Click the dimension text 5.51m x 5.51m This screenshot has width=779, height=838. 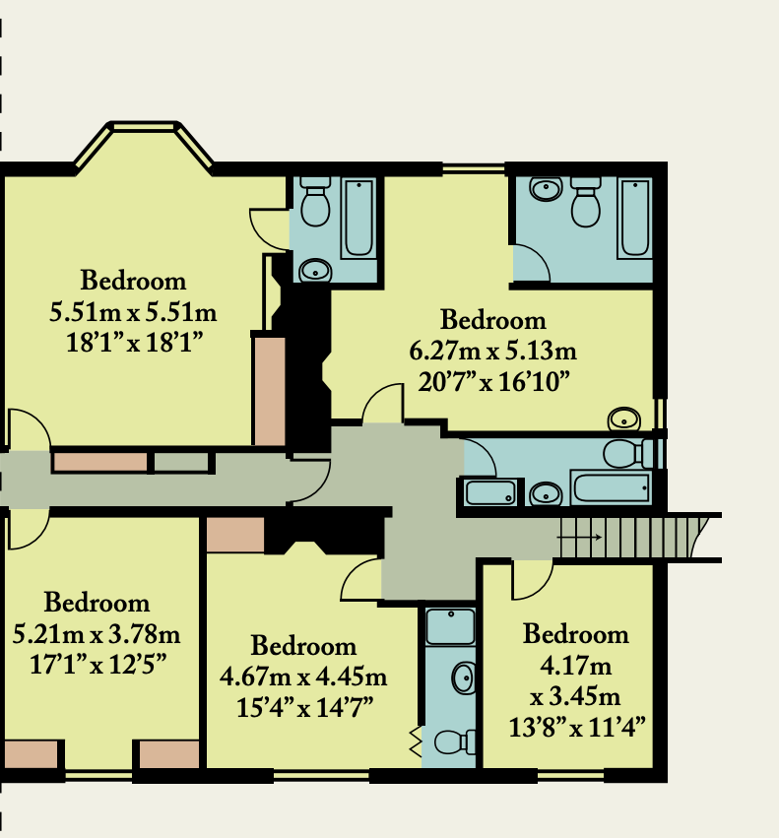pos(133,312)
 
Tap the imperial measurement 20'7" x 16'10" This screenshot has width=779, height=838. pos(493,382)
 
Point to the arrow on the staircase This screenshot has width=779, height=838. pos(580,537)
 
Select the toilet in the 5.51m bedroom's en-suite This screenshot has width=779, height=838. pos(315,202)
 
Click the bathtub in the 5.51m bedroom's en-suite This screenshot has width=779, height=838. pos(358,218)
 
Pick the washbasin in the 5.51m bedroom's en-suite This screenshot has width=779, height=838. pos(315,271)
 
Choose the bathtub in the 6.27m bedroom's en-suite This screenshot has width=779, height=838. pos(634,218)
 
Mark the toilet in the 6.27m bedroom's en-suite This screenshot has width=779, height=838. pos(586,202)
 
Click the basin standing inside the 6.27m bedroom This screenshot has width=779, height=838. pos(624,419)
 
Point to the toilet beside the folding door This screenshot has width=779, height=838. pos(455,741)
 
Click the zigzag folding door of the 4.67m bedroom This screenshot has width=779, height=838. pos(416,741)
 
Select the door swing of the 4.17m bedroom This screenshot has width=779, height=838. pos(533,580)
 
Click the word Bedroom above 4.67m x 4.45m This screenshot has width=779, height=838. pos(303,646)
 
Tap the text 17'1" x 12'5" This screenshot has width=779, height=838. pos(97,666)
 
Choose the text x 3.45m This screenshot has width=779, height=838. pos(575,697)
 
